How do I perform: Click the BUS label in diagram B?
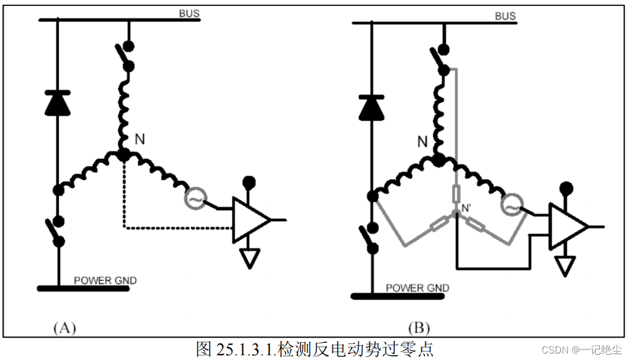[505, 16]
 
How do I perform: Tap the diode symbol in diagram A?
[58, 103]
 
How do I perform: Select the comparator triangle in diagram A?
[249, 219]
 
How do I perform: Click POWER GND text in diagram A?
[105, 280]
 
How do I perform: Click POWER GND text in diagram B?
[418, 288]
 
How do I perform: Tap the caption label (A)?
[65, 328]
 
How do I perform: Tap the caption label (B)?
[419, 328]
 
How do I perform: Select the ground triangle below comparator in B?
[566, 266]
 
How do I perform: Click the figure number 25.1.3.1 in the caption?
[242, 349]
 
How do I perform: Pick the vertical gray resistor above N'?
[456, 194]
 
